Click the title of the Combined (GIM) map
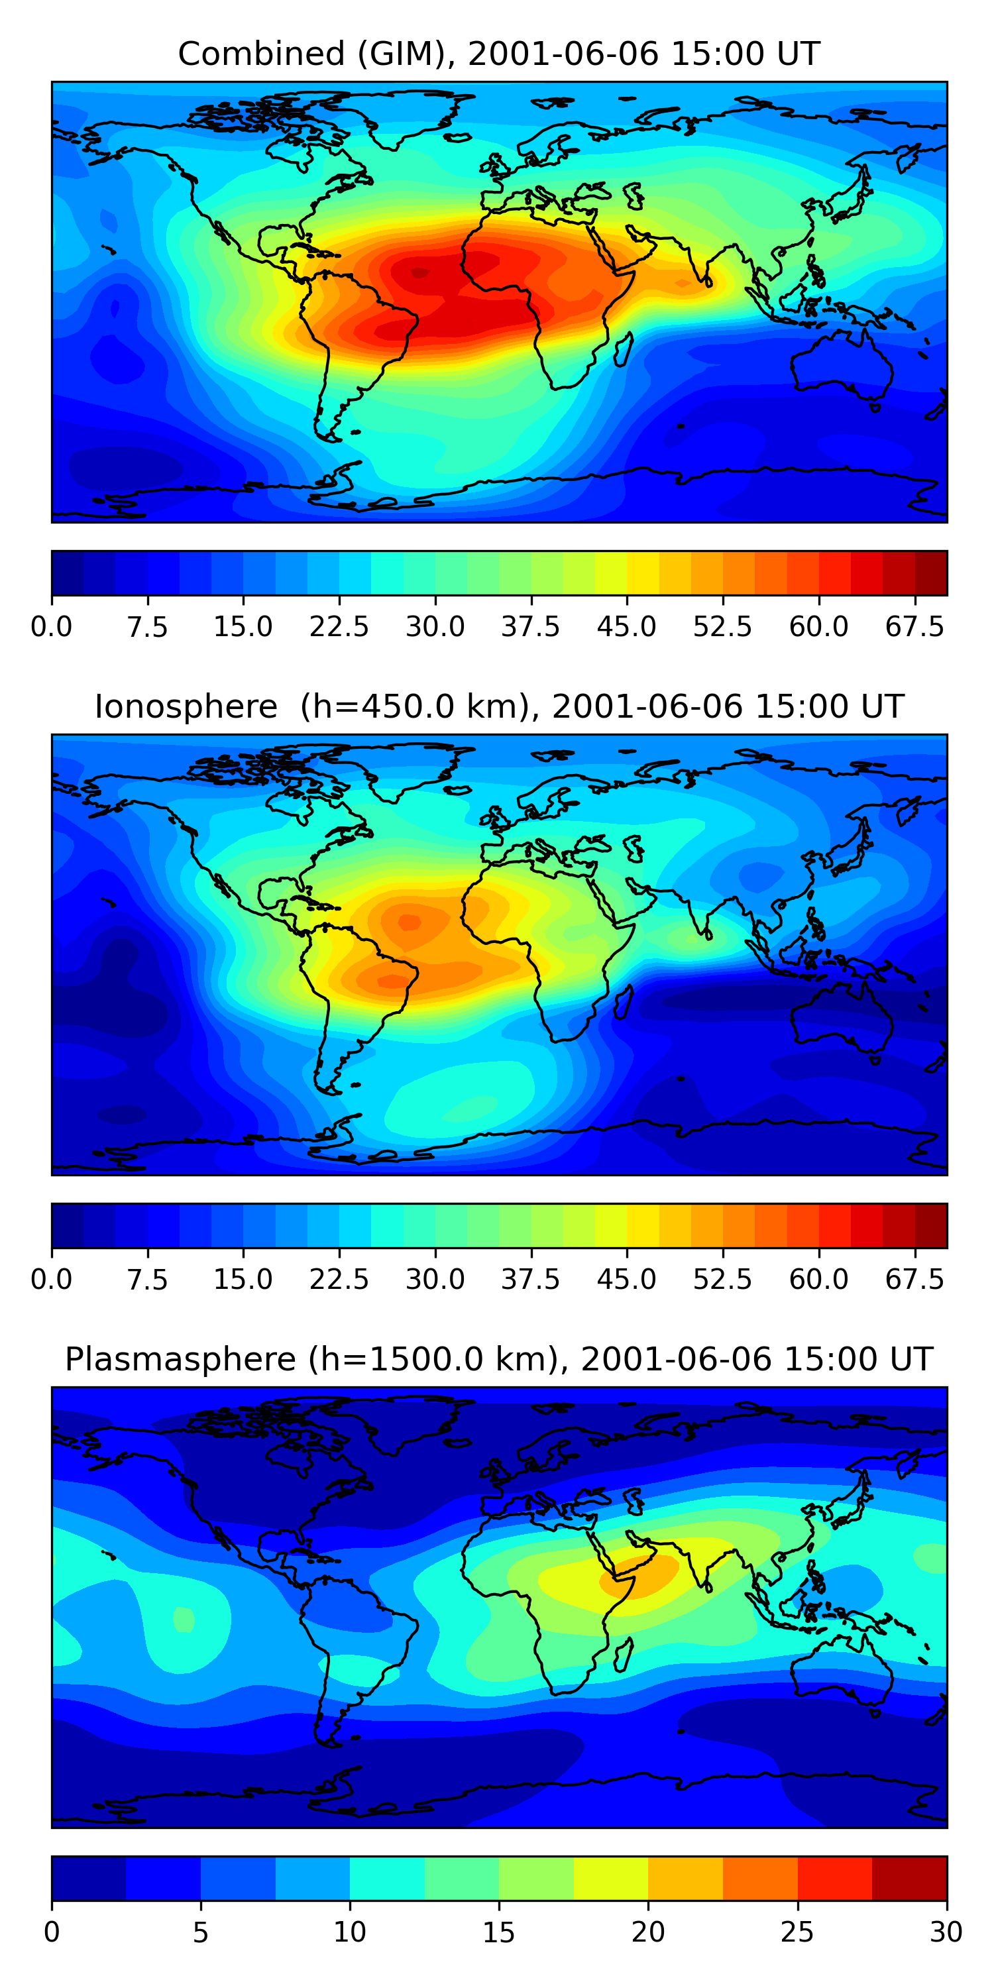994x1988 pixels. tap(498, 54)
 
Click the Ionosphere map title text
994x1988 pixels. tap(498, 707)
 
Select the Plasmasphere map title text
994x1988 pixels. tap(498, 1359)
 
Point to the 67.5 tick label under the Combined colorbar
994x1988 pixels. tap(914, 627)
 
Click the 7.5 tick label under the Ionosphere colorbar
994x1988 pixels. tap(147, 1280)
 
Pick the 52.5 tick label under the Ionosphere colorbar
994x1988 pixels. tap(722, 1280)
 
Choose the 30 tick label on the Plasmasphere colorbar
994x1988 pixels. tap(946, 1932)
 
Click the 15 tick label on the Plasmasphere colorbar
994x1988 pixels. tap(498, 1932)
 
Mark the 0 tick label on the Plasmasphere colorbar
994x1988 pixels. tap(52, 1932)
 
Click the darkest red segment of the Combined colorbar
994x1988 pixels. tap(931, 573)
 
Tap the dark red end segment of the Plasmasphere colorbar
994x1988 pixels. tap(909, 1877)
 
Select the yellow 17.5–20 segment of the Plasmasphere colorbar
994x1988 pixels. tap(610, 1877)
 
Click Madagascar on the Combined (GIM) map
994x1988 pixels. tap(624, 351)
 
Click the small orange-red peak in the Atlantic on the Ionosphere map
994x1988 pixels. tap(408, 922)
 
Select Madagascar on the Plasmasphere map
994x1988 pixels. tap(624, 1655)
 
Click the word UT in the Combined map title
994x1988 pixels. tap(799, 54)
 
